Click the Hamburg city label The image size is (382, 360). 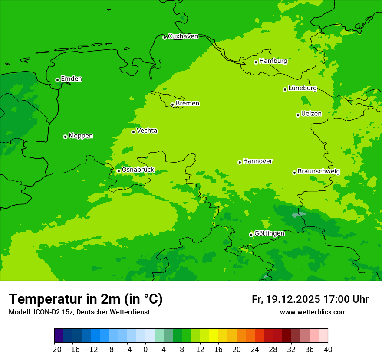click(273, 61)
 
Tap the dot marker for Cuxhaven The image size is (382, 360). click(165, 38)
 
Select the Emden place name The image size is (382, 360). click(71, 79)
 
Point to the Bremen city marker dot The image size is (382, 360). click(172, 105)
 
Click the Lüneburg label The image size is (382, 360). click(302, 88)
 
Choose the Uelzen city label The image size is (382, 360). click(311, 114)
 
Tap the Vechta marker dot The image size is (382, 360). click(133, 132)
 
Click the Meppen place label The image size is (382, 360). click(81, 136)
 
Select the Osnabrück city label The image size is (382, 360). click(138, 170)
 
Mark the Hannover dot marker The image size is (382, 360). click(240, 163)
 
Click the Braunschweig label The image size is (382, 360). click(319, 171)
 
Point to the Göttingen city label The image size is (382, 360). click(269, 233)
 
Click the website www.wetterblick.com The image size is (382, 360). click(313, 312)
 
